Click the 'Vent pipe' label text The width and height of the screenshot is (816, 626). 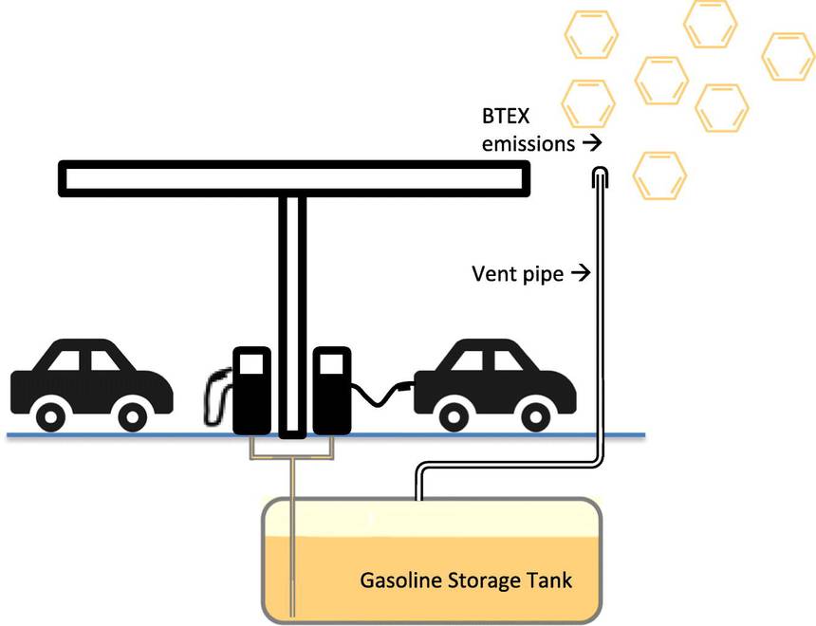[517, 274]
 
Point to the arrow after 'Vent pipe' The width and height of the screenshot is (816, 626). [581, 274]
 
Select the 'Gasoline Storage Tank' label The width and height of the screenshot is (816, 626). [466, 580]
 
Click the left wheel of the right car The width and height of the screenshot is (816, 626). [456, 414]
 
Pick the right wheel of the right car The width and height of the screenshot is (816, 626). [537, 414]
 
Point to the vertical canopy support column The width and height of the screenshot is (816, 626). [292, 313]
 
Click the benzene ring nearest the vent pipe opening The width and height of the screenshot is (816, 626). [658, 175]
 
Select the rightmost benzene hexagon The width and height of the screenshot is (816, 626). [788, 55]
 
